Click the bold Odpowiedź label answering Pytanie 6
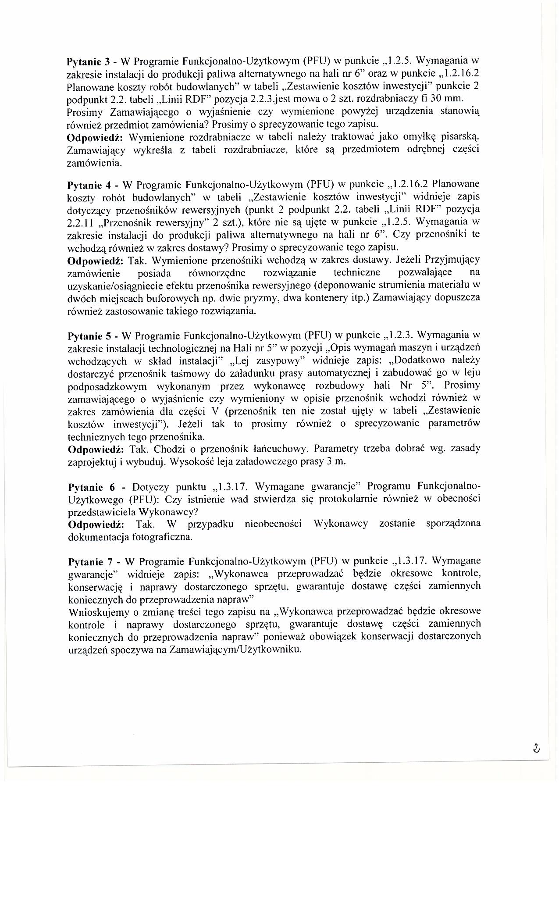[96, 524]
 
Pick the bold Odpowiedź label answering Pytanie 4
[96, 261]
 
